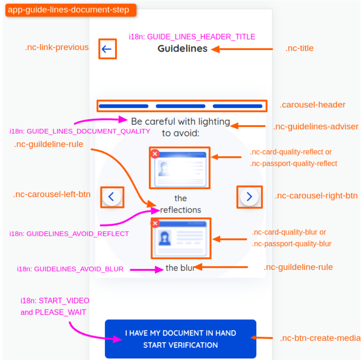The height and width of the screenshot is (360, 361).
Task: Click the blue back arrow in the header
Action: [x=107, y=49]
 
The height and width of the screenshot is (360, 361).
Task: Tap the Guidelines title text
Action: [x=182, y=49]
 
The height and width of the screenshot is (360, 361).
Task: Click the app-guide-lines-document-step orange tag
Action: [x=69, y=10]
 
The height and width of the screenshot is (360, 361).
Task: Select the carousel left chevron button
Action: [x=111, y=197]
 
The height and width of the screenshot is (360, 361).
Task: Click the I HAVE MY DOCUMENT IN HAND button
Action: [x=180, y=339]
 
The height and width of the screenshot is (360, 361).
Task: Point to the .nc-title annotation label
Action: [x=299, y=48]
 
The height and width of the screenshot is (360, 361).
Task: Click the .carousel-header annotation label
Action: [x=312, y=105]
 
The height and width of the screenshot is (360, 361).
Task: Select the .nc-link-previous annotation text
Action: [x=57, y=47]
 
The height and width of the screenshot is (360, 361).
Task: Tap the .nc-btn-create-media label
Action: [x=320, y=338]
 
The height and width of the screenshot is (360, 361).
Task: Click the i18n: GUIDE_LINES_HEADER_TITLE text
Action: [x=192, y=37]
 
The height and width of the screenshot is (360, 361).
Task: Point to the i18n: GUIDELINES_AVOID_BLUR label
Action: [x=70, y=269]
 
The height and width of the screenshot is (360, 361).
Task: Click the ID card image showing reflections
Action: [x=180, y=167]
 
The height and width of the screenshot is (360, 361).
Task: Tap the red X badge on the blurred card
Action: [x=155, y=223]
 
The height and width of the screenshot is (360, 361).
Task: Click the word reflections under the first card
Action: [x=180, y=210]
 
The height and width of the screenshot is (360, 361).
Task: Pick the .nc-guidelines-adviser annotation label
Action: [x=316, y=126]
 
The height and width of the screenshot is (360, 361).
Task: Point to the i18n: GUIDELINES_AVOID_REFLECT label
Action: [x=69, y=234]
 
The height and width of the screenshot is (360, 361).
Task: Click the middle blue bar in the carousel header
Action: [x=180, y=106]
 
